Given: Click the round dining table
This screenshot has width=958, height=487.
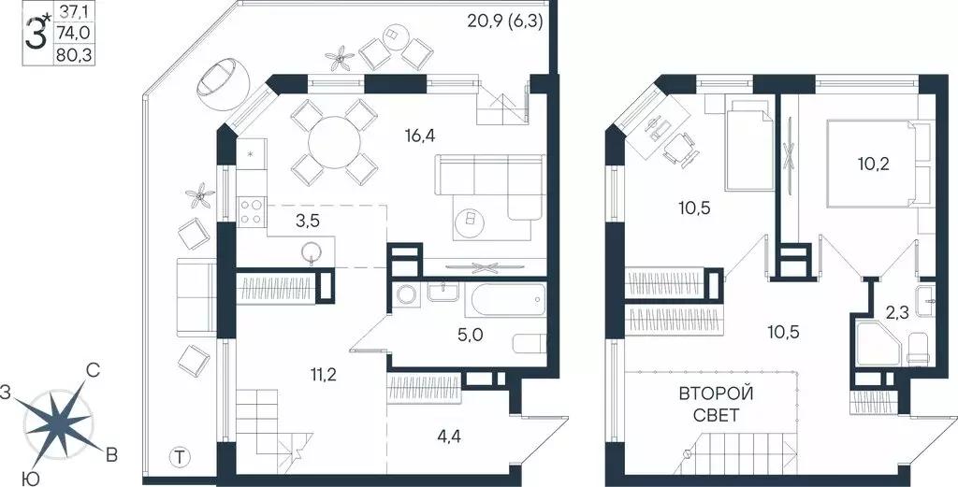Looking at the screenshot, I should (334, 143).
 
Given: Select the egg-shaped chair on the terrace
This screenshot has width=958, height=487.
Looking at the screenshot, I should (219, 81).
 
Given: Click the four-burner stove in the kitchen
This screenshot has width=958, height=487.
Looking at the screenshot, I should (251, 212).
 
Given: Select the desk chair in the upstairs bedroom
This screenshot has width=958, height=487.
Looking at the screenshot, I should (680, 147).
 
